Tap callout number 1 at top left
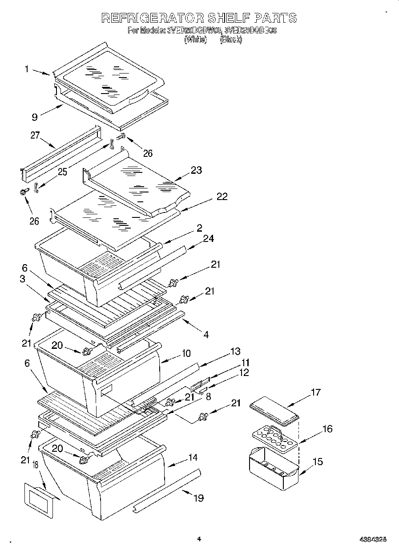click(27, 69)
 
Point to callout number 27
click(36, 136)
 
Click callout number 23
click(196, 170)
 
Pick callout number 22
click(222, 196)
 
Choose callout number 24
click(208, 239)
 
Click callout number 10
click(185, 353)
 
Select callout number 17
click(315, 393)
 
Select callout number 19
click(198, 498)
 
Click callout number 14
click(192, 458)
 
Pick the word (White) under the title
click(196, 40)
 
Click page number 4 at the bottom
click(199, 539)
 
